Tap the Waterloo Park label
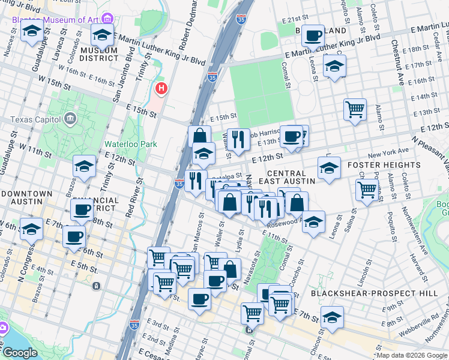tap(131, 144)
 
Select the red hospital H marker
tap(161, 89)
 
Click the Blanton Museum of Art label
tap(55, 19)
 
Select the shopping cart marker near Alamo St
tap(355, 109)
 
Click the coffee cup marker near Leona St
tap(312, 36)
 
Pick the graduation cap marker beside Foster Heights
tap(329, 168)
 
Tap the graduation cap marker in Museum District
tap(103, 36)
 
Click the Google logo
tap(19, 352)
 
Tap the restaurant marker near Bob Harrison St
tap(238, 139)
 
